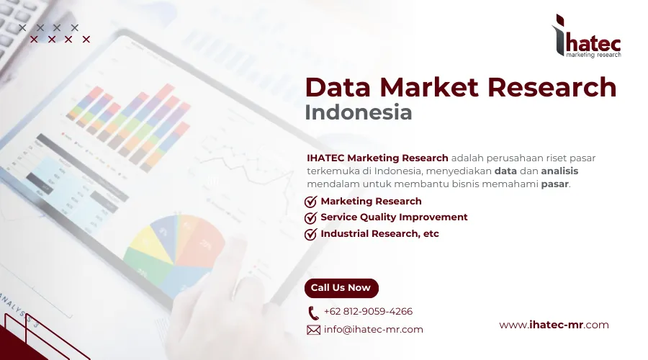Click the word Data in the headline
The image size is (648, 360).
coord(337,87)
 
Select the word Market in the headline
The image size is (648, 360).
coord(429,87)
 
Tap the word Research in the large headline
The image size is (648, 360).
coord(552,87)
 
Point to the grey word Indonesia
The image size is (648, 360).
coord(359,113)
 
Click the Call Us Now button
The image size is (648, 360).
coord(341,288)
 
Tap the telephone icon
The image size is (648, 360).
coord(313,312)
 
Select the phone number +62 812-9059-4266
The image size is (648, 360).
coord(368,312)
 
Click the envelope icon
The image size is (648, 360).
coord(313,330)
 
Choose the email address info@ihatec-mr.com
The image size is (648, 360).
coord(373,330)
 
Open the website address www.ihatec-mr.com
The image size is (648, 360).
coord(554,325)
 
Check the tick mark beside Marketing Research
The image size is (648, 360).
coord(311,202)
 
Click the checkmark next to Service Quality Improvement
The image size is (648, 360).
coord(311,217)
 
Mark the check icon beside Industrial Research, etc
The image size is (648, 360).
coord(311,234)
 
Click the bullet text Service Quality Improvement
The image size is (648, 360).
coord(394,217)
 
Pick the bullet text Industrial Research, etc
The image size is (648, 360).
coord(379,234)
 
